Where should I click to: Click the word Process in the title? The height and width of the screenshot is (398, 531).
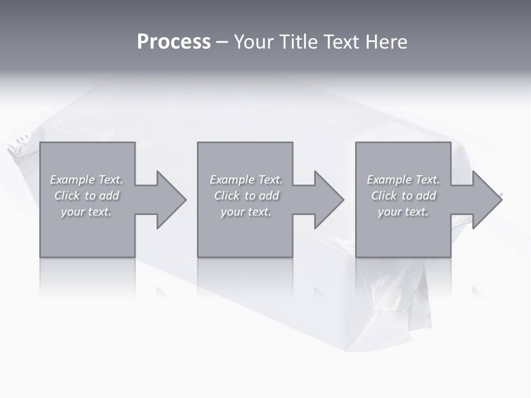click(x=174, y=42)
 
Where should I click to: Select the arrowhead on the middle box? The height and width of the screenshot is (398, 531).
click(x=327, y=200)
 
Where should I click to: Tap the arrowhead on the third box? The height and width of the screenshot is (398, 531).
click(x=486, y=200)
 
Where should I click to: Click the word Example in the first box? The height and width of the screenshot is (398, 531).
click(x=72, y=180)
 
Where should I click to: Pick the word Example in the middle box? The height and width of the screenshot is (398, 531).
click(x=232, y=180)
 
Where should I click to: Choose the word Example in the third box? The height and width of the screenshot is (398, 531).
click(x=389, y=180)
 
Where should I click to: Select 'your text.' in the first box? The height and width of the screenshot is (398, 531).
click(x=86, y=212)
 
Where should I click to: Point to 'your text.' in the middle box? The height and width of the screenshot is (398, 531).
click(x=246, y=212)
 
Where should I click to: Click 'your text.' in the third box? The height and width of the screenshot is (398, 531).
click(x=403, y=212)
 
